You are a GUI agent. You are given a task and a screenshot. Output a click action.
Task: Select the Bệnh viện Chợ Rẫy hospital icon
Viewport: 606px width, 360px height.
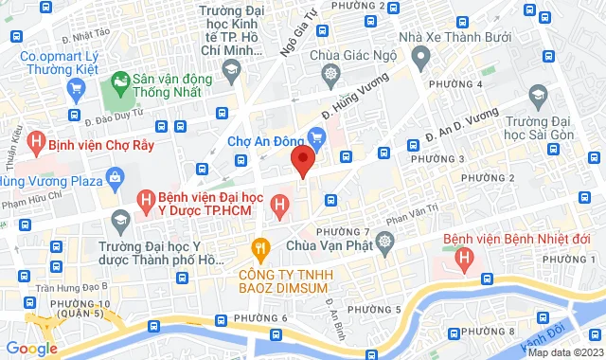point(36,143)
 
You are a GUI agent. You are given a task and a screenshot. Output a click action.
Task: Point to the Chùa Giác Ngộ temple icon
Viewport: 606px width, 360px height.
point(330,74)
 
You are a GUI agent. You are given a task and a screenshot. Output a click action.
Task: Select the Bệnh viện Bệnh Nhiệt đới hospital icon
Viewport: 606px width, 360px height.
point(464,256)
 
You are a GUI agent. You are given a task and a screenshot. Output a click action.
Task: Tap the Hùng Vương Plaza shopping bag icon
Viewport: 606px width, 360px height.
point(116,176)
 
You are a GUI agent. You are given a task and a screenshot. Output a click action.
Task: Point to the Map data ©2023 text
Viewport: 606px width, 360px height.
point(565,353)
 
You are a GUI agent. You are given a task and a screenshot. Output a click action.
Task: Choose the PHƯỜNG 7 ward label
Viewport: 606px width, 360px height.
point(342,231)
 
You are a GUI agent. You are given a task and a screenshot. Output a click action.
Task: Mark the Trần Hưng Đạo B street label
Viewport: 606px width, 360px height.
point(77,284)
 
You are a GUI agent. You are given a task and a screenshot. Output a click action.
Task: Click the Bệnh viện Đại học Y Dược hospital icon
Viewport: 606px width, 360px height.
point(146,201)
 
